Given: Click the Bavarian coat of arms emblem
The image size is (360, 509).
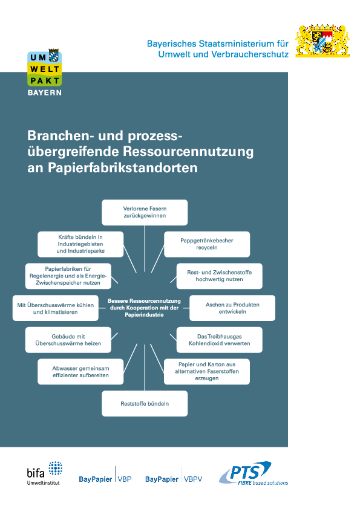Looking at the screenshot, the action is tap(322, 41).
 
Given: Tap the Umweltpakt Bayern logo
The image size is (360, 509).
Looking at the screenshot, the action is tap(45, 73).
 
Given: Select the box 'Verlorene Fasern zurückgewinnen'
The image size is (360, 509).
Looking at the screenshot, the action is tap(145, 212).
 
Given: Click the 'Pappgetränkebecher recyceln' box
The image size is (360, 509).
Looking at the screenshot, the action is tap(207, 244).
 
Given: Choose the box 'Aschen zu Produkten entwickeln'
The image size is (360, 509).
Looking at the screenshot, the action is tap(232, 308).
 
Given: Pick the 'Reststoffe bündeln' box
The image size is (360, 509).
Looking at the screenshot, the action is tap(145, 403).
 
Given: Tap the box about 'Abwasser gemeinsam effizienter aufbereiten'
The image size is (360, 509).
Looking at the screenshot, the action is tap(80, 372).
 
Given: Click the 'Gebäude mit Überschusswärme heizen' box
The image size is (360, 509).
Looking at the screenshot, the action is tap(68, 340).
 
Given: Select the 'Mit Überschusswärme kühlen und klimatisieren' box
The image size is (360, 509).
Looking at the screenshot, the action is tap(56, 308).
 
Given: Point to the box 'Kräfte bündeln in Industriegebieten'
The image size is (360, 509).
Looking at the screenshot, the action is tap(80, 244).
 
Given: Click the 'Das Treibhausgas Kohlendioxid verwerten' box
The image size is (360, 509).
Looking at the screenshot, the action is tap(219, 340).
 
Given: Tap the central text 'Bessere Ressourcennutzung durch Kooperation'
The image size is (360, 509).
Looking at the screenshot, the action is tap(144, 308).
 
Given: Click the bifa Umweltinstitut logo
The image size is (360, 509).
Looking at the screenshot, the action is tap(45, 473).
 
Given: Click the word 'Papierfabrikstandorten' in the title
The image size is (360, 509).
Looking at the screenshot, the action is tap(123, 167).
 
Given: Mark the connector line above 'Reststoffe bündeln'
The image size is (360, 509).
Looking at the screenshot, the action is tap(145, 367).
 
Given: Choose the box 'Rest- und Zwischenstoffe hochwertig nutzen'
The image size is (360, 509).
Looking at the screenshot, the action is tap(219, 276).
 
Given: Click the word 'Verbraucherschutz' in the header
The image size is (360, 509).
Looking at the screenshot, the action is tap(250, 54).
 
